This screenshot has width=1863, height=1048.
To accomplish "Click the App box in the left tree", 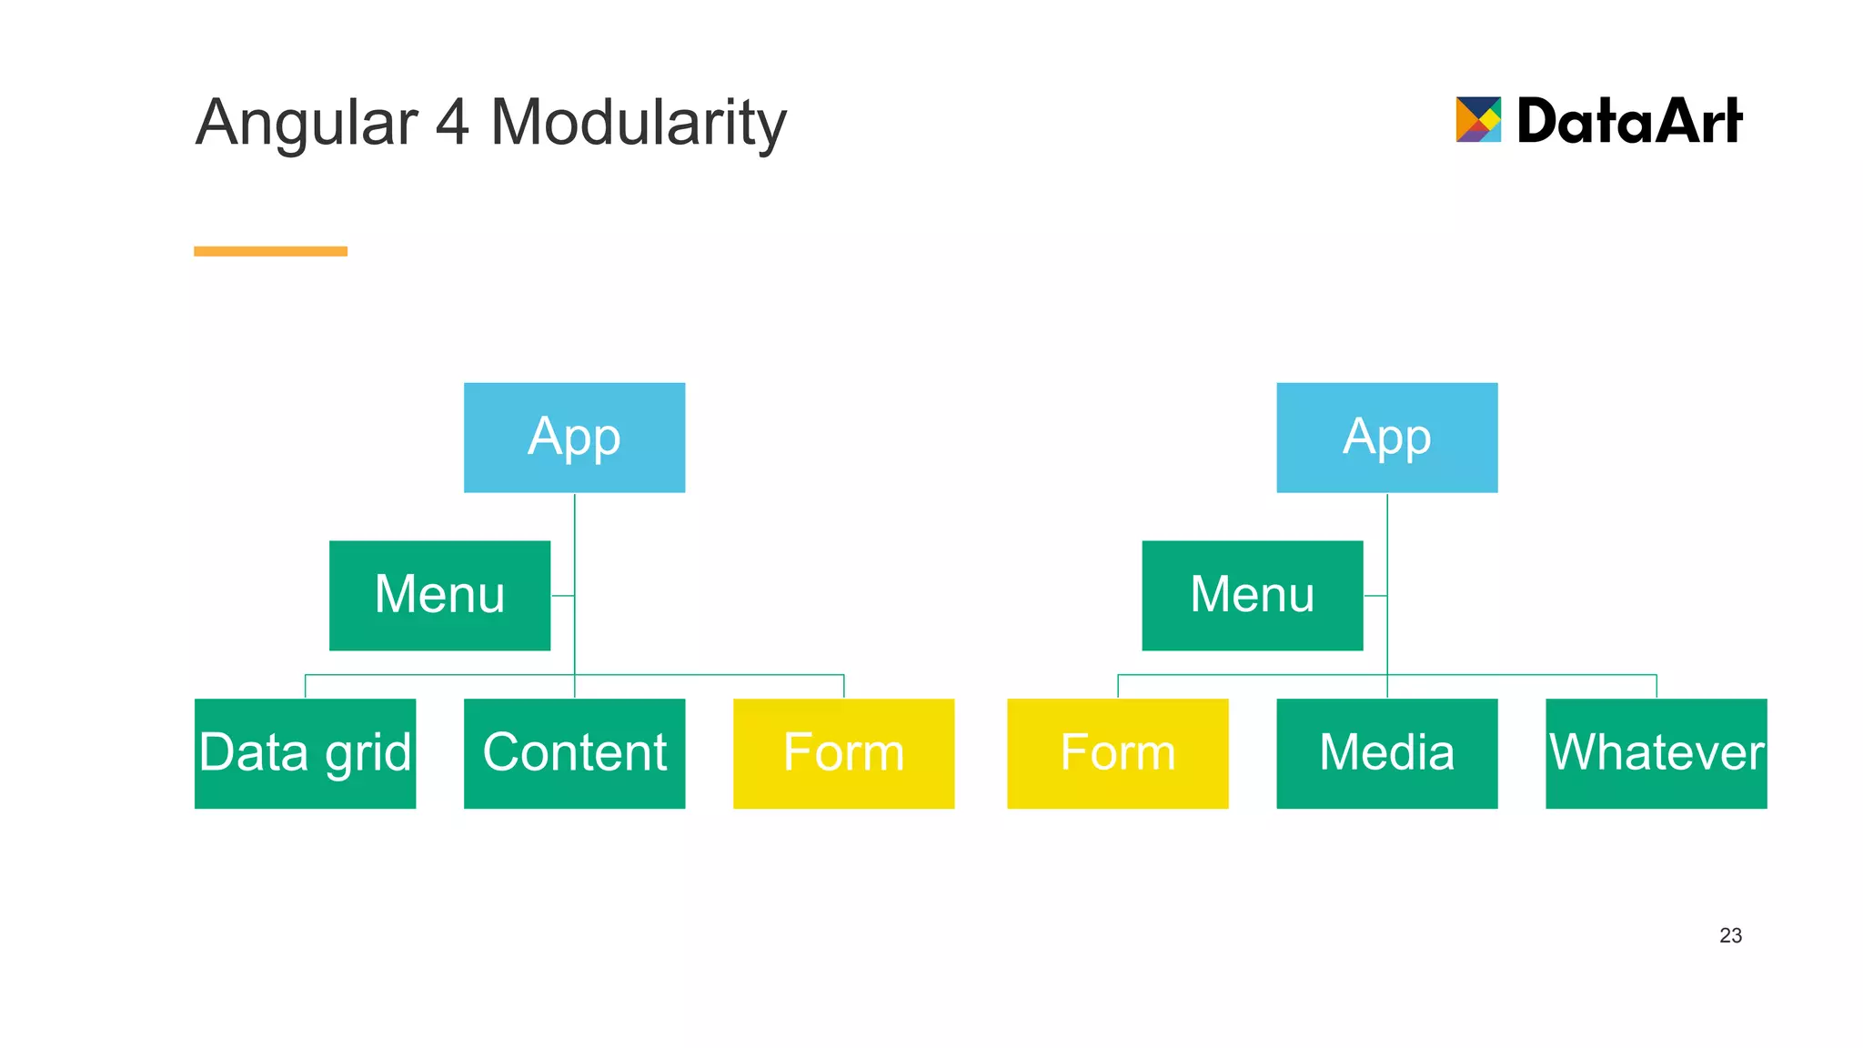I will click(x=574, y=438).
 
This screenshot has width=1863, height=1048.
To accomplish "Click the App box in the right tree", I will click(x=1386, y=438).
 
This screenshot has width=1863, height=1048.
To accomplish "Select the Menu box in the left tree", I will click(x=439, y=595).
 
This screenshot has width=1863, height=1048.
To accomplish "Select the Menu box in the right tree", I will click(x=1252, y=595).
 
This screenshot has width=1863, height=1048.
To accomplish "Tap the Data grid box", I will click(x=305, y=753).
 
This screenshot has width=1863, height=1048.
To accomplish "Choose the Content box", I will click(x=574, y=753).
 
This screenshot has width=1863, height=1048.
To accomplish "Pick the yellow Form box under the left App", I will click(x=843, y=753).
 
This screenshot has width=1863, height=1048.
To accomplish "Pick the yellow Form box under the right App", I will click(x=1117, y=753).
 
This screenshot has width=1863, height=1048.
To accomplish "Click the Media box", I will click(x=1386, y=753).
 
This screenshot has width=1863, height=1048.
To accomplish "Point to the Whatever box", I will click(x=1656, y=753).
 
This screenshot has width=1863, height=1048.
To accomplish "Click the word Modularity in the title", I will click(x=638, y=123).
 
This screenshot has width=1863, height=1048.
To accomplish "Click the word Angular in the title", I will click(x=307, y=123).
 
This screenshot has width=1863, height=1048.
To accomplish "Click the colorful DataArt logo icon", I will click(x=1478, y=119).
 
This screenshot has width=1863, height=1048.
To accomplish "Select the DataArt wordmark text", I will click(x=1629, y=120).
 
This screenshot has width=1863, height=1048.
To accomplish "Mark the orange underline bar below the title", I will click(x=270, y=251).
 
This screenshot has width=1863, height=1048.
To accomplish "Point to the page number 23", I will click(x=1730, y=935).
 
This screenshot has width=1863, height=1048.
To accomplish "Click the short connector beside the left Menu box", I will click(x=562, y=596).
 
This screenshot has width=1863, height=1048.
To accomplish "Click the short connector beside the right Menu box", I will click(x=1375, y=596).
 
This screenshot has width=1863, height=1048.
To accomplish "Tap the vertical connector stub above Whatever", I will click(x=1657, y=686).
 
